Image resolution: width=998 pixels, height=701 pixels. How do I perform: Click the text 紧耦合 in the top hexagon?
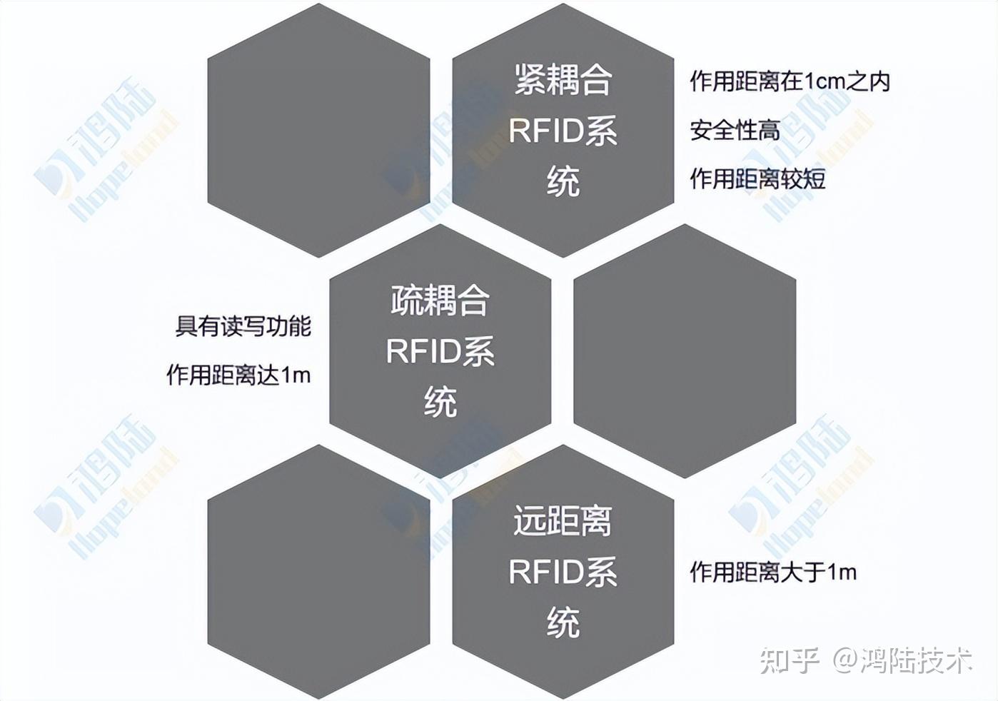pos(563,80)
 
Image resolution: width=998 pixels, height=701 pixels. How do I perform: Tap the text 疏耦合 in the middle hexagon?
pos(440,301)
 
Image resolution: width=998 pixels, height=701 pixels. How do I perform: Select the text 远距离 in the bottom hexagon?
pos(563,521)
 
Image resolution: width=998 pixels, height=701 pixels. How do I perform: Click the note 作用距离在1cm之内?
pos(790,81)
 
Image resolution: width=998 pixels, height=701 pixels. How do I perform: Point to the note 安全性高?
pos(735,130)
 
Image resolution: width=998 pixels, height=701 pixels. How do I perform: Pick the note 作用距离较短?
pos(757,178)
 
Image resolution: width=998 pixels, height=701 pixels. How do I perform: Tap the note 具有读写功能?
pos(243,326)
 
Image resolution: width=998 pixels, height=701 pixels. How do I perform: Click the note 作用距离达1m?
pos(238,375)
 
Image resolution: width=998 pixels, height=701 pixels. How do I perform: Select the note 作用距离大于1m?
pos(773,572)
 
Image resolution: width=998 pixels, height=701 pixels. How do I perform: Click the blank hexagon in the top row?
pos(318,130)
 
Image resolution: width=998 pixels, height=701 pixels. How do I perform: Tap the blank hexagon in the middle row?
pos(685,350)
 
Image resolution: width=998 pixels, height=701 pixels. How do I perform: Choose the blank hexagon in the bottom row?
pos(318,571)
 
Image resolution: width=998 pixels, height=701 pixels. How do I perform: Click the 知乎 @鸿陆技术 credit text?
pos(866,660)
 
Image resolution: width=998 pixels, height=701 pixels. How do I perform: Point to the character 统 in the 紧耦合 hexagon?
pos(563,181)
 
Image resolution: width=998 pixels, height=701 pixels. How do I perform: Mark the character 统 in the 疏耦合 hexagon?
pos(440,402)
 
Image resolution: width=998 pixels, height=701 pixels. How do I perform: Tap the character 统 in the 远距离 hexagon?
pos(563,622)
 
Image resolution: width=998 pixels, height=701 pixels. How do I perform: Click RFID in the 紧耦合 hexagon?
pos(545,131)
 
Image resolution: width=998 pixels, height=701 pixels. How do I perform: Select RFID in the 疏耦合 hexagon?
pos(422,352)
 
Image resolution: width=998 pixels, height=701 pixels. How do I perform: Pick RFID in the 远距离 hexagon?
pos(545,573)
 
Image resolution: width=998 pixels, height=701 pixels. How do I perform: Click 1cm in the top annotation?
pos(825,81)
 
